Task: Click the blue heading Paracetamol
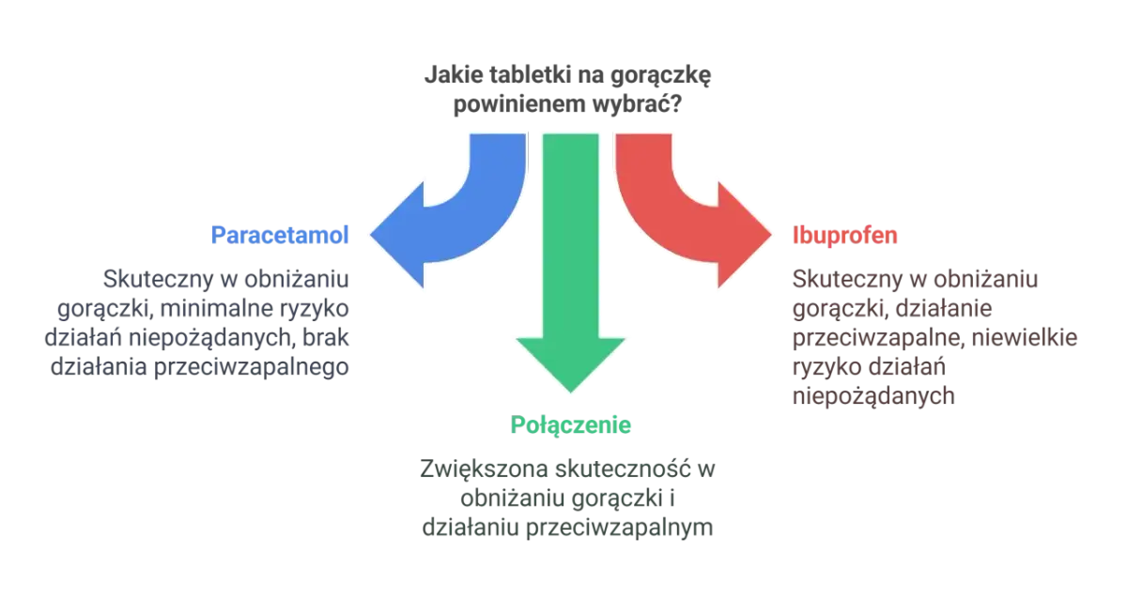(281, 234)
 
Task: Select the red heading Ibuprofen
(845, 234)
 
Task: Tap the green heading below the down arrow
(573, 424)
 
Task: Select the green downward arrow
(570, 272)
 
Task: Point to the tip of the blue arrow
(370, 234)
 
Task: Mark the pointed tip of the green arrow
(570, 391)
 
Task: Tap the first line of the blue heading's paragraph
(225, 279)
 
